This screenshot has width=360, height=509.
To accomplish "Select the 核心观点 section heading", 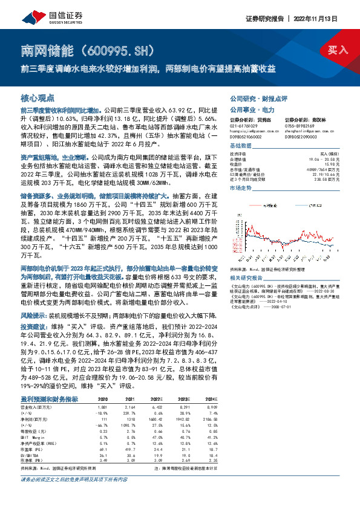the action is pyautogui.click(x=38, y=97).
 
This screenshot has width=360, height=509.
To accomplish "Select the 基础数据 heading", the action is pyautogui.click(x=240, y=147).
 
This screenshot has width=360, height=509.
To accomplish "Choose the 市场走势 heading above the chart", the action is pyautogui.click(x=240, y=189).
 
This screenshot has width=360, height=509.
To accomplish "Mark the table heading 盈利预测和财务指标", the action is pyautogui.click(x=49, y=399).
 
